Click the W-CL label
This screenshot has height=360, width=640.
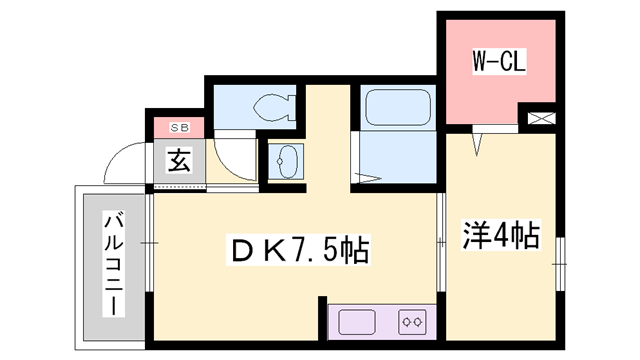point(499,61)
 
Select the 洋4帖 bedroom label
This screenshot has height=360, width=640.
point(501,235)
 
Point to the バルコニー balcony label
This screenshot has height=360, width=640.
point(113,264)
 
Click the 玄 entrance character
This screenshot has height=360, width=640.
point(179,160)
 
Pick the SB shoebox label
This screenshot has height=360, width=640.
point(179,128)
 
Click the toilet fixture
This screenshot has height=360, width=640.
point(274,108)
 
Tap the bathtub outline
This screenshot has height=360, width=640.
point(398,107)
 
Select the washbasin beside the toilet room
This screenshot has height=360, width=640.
point(287,161)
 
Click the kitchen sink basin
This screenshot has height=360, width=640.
point(357,322)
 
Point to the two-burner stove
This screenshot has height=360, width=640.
point(412,322)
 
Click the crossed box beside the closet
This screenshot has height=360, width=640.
point(541,118)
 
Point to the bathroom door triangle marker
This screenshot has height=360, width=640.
point(368,178)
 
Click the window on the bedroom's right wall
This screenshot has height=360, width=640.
point(560,264)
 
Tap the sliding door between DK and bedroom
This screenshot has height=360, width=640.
point(441,242)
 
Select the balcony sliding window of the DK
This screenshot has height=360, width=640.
point(149,243)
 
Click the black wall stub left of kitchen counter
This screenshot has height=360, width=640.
point(322,318)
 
